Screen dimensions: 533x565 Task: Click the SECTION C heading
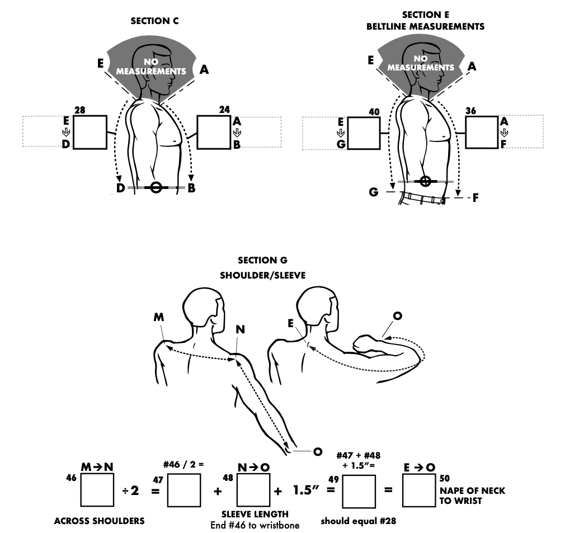coord(150,21)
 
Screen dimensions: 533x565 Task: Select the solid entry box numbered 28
coord(90,132)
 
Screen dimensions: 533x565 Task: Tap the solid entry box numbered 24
coord(214,132)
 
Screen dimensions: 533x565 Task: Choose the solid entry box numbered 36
coord(481,133)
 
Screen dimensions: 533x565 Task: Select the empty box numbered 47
coord(184,490)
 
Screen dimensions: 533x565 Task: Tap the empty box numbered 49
coord(359,490)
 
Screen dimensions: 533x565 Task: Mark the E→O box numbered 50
coord(419,490)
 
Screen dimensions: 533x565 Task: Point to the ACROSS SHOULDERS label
coord(99,521)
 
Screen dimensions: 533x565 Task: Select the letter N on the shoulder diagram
coord(240,329)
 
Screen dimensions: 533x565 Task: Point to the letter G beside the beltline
coord(373,192)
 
